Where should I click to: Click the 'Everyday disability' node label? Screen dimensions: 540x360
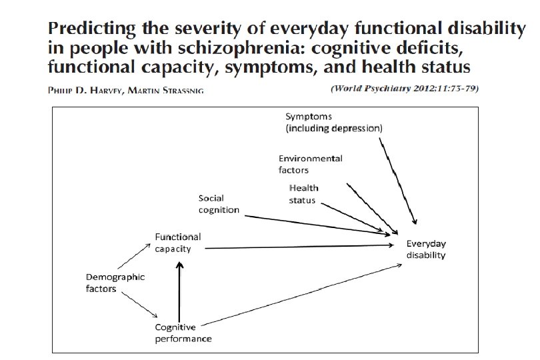(426, 249)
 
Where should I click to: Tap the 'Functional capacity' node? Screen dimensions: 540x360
(177, 243)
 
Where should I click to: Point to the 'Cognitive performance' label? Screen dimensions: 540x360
(183, 333)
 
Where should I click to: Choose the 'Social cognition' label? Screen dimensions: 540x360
(219, 204)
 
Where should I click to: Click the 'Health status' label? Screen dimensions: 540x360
(304, 194)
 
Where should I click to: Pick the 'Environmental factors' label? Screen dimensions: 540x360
(310, 164)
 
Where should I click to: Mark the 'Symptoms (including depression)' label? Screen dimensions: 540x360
(333, 122)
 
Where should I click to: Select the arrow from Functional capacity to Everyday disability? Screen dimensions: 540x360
(300, 247)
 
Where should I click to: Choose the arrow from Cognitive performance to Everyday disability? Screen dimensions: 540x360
(300, 293)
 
